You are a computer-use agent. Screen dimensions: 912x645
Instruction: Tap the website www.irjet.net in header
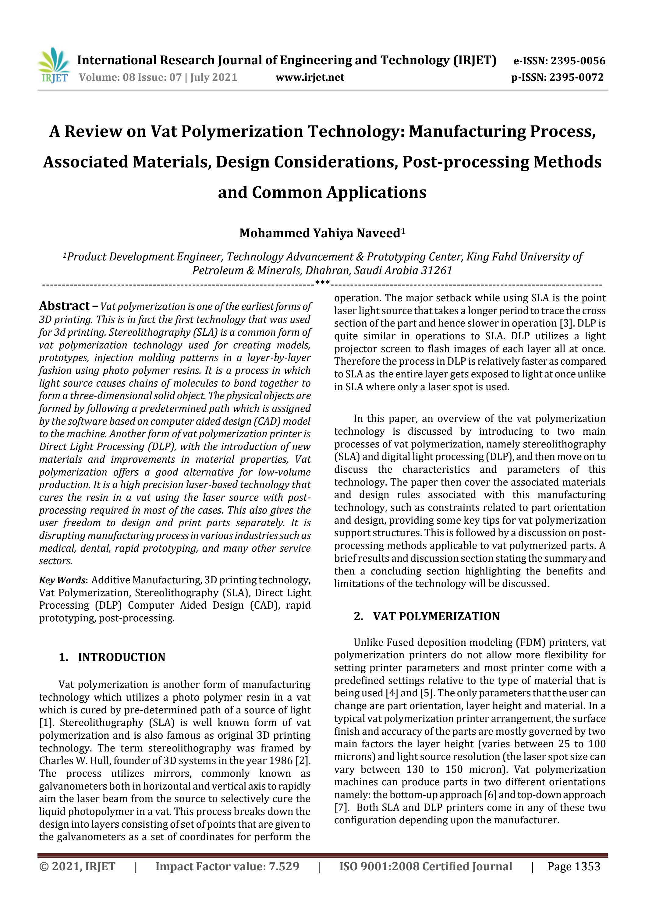point(310,77)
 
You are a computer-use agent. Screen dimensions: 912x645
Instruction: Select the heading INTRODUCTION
point(121,657)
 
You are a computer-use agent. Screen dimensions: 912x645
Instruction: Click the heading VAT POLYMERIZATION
point(436,616)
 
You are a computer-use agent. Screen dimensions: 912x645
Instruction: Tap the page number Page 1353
point(573,866)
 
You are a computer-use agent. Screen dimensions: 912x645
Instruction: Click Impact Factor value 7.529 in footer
point(227,866)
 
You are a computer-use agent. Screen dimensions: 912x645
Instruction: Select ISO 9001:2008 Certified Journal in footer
point(425,866)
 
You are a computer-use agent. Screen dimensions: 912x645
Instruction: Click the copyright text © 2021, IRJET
point(77,866)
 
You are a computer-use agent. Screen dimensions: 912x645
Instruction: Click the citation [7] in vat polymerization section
point(340,808)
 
